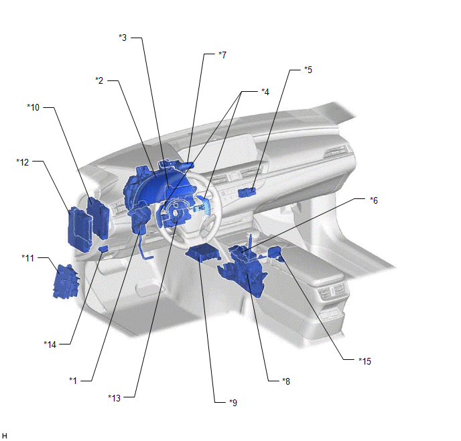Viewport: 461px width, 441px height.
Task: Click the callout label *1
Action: [x=73, y=381]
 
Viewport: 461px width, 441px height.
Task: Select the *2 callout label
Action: [x=99, y=80]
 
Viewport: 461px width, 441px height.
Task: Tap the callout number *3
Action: [x=123, y=38]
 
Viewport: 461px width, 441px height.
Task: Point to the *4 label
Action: [x=265, y=92]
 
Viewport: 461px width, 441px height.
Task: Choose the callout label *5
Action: [x=308, y=70]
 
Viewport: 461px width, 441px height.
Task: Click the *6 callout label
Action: [x=374, y=200]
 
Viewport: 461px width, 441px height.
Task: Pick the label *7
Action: [x=222, y=55]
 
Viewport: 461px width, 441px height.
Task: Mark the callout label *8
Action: [x=286, y=381]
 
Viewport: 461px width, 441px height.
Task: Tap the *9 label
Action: [x=233, y=402]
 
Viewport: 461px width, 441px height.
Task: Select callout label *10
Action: [x=34, y=107]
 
